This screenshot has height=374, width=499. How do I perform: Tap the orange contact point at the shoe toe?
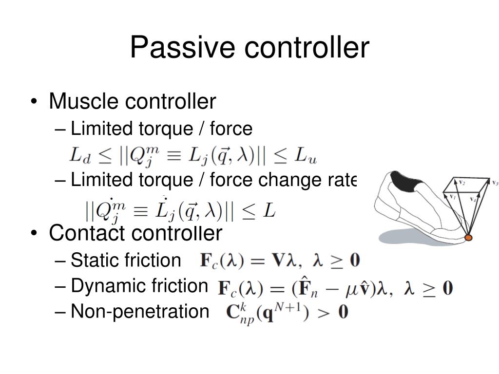tap(468, 238)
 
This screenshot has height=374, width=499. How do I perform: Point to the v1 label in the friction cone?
tap(452, 197)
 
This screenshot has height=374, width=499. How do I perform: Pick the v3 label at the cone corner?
tap(495, 183)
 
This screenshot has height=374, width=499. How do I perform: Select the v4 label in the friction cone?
tap(473, 199)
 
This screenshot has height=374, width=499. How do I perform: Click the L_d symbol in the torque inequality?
tap(78, 155)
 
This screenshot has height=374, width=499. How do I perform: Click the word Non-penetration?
tap(139, 311)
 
